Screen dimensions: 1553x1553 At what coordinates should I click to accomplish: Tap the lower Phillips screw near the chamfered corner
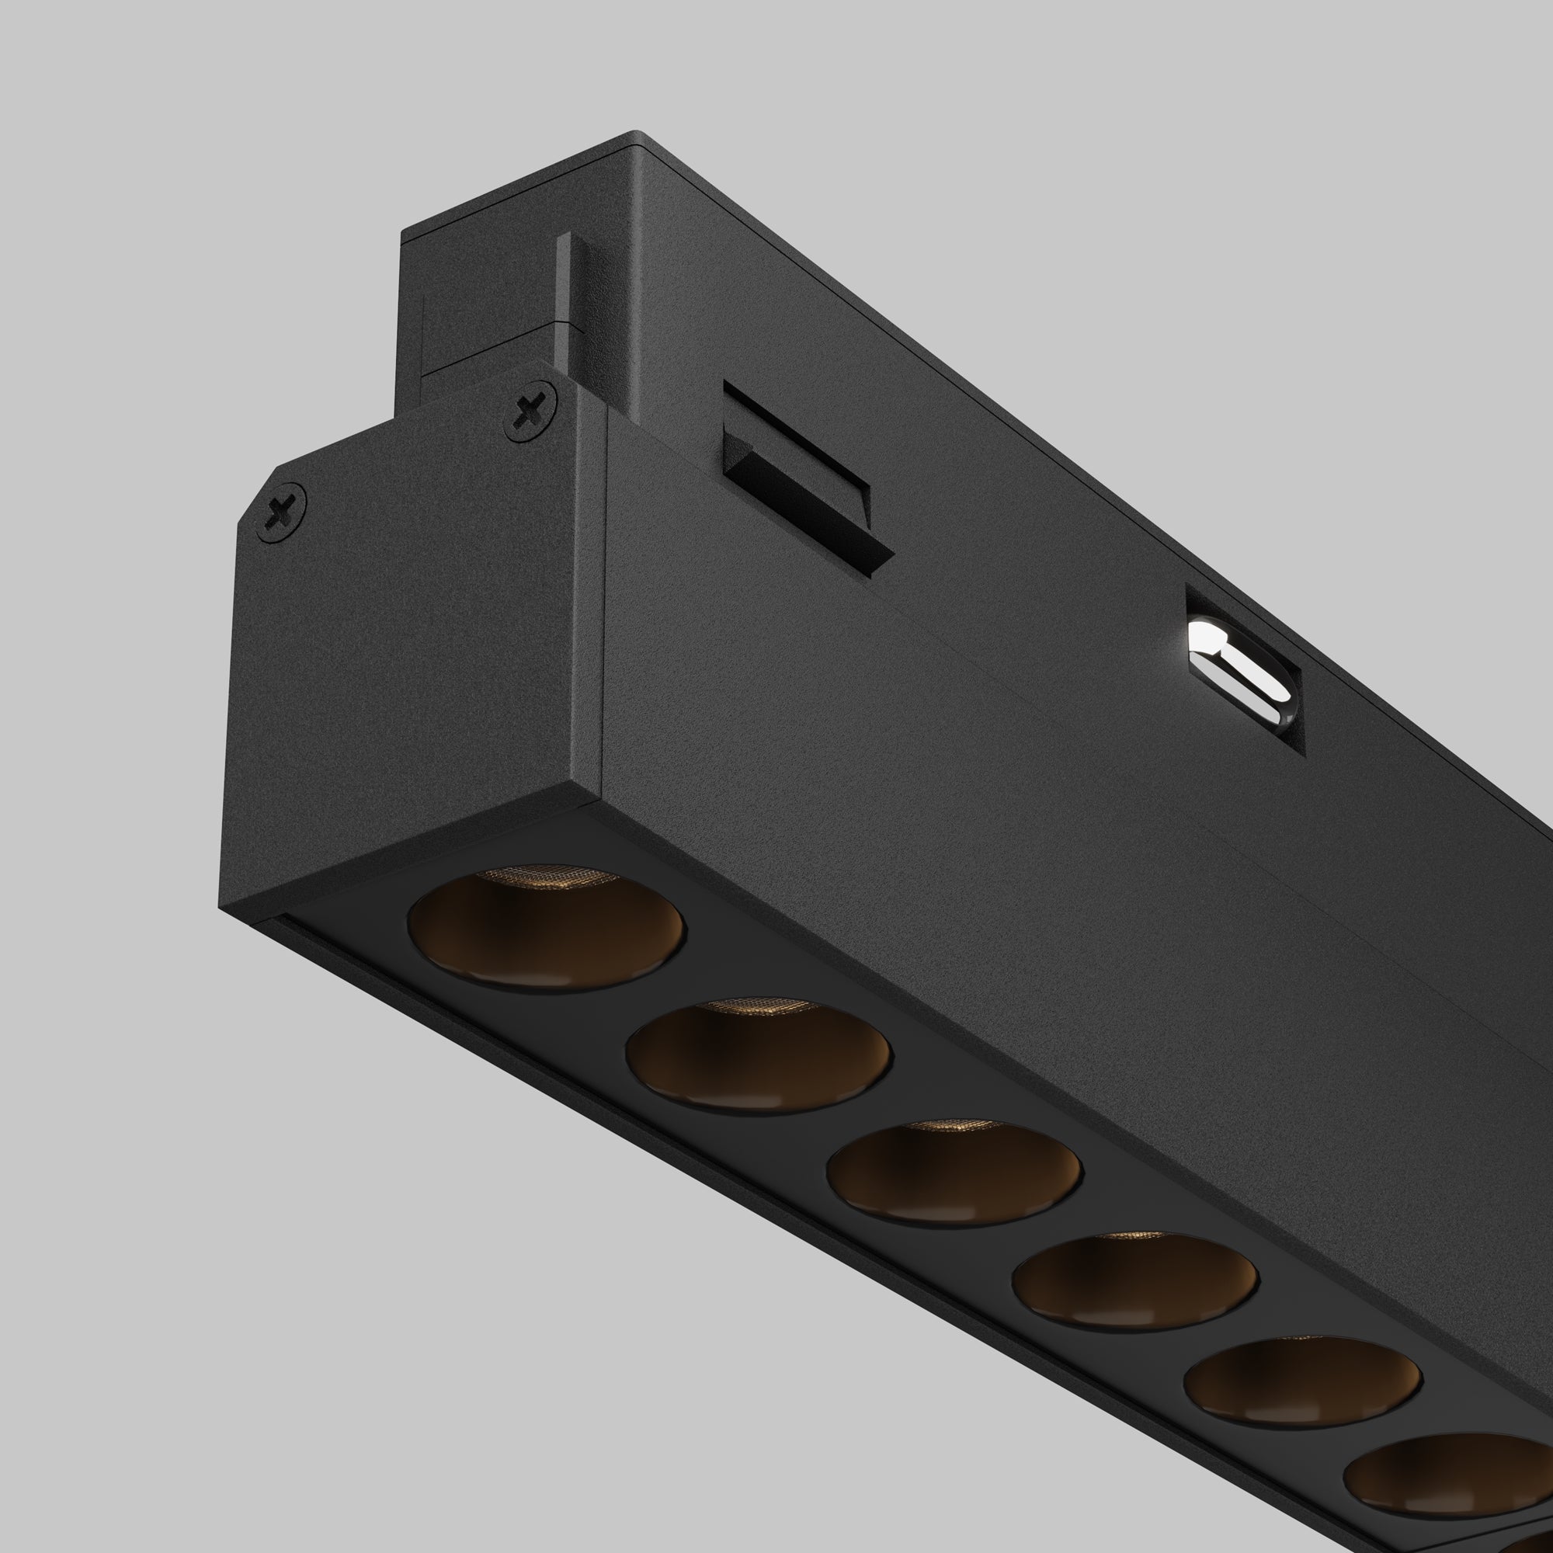280,511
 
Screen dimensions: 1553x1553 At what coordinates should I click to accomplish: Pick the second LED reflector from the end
758,1057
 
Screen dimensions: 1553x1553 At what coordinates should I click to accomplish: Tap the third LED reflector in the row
954,1173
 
